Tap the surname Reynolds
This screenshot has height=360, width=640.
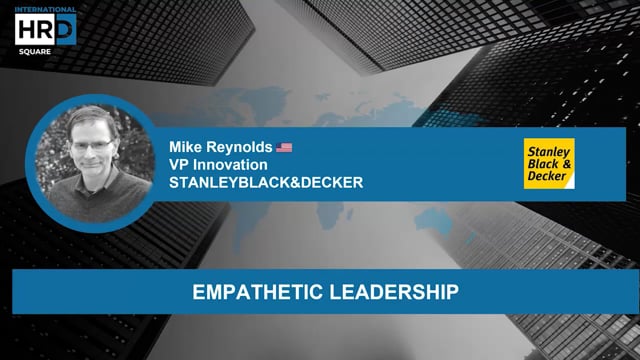pos(237,146)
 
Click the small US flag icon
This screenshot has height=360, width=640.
pos(285,147)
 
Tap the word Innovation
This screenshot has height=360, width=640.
pos(238,165)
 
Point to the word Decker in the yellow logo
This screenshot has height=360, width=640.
pos(547,179)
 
